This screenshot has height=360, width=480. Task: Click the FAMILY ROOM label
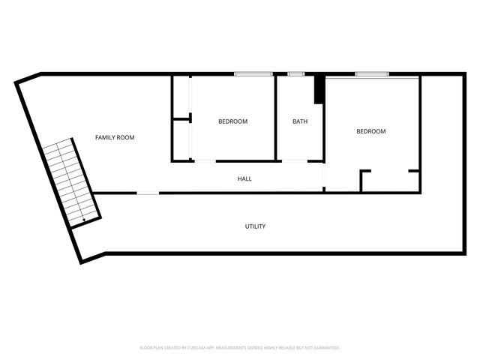[114, 137]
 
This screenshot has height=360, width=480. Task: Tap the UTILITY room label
[255, 226]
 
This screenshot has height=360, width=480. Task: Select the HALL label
[244, 179]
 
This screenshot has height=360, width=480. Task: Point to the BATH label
[299, 121]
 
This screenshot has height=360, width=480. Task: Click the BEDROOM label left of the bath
[232, 121]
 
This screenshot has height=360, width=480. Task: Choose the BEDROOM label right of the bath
[370, 131]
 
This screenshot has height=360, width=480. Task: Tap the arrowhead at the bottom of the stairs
[82, 218]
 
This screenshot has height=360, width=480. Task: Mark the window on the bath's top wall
[296, 73]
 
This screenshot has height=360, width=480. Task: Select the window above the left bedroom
[253, 73]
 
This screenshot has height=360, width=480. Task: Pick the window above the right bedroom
[371, 73]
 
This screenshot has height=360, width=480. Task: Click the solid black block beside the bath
[319, 90]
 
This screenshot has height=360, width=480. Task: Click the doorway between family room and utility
[148, 193]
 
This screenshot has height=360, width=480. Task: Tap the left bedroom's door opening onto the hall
[205, 160]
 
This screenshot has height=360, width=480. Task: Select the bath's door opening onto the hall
[293, 160]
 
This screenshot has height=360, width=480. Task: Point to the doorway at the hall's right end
[324, 176]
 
